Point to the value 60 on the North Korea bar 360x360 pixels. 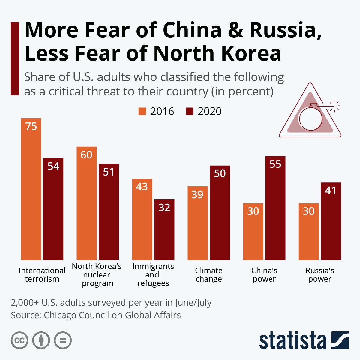click(86, 155)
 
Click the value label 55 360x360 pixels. click(275, 164)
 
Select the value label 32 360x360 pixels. click(164, 208)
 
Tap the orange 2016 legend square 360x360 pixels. click(142, 111)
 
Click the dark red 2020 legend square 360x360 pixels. click(190, 111)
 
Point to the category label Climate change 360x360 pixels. click(209, 275)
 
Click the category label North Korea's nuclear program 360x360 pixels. click(97, 275)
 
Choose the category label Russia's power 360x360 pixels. click(320, 275)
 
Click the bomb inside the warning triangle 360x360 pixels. click(310, 118)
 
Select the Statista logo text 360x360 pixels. click(292, 340)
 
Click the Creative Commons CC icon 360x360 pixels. click(19, 340)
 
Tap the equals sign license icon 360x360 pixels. click(63, 340)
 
